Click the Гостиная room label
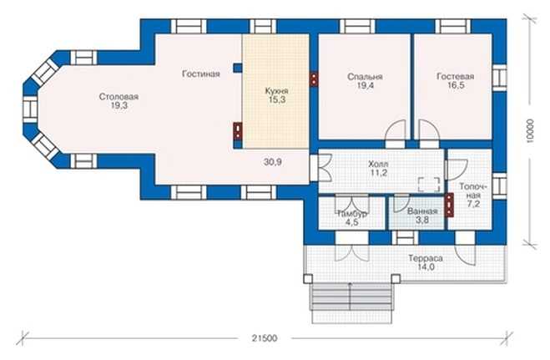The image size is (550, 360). click(201, 74)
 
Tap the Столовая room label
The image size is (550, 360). click(119, 97)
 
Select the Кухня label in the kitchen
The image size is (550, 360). click(277, 91)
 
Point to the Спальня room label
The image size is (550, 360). click(365, 77)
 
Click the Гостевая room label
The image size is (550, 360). click(456, 77)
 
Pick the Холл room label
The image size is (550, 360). click(378, 164)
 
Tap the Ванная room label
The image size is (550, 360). click(422, 211)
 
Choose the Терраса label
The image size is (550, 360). click(426, 258)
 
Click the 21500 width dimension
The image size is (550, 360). click(265, 338)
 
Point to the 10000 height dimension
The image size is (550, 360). click(530, 131)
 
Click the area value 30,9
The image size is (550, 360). click(273, 162)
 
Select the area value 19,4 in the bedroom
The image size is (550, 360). click(365, 85)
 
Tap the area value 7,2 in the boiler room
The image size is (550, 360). click(473, 204)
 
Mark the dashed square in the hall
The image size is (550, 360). click(429, 185)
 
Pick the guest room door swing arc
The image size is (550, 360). click(429, 129)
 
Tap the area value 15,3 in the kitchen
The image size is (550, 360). click(277, 99)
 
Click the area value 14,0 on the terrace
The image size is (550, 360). click(426, 267)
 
